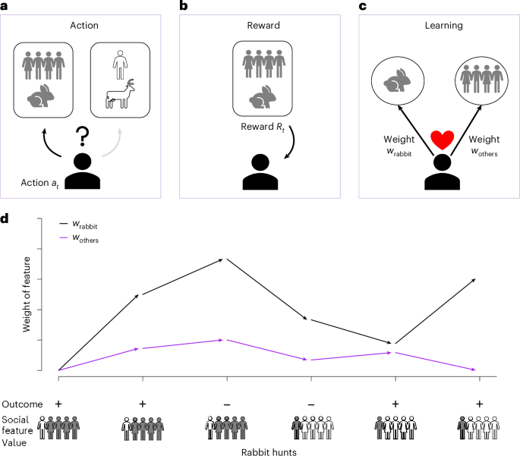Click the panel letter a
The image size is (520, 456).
(5, 6)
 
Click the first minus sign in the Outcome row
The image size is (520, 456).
(227, 404)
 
